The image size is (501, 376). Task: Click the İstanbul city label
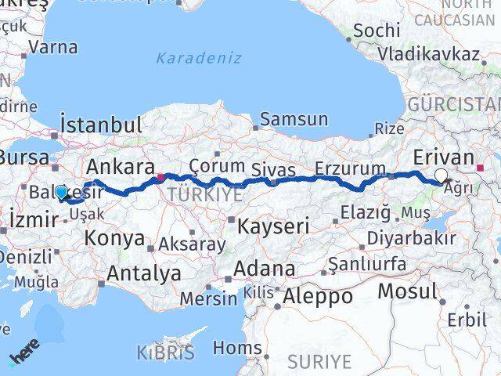101,125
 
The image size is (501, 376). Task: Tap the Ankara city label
120,167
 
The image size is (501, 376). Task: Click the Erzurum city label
350,168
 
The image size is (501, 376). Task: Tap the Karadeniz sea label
199,58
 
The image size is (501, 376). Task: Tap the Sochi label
377,31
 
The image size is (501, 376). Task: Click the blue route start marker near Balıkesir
61,191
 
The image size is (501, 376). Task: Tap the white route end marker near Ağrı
442,177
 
